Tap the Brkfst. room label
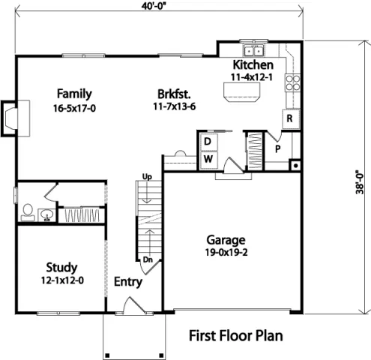(172, 94)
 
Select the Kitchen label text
(251, 64)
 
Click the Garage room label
(226, 240)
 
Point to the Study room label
(61, 267)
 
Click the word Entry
(128, 282)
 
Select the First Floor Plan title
(235, 334)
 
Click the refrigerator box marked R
(287, 118)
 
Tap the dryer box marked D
(208, 142)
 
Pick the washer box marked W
(208, 159)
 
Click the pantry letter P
(276, 148)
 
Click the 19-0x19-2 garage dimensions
(226, 253)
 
